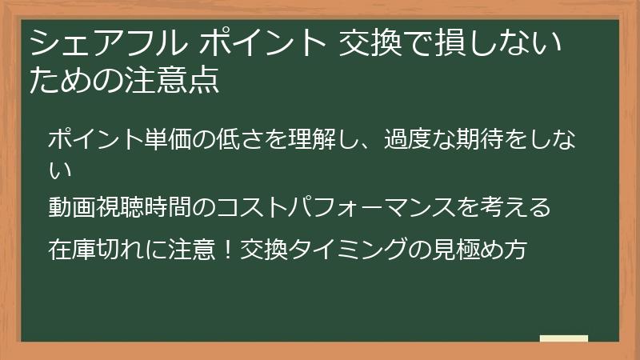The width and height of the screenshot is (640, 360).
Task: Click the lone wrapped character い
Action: click(x=61, y=169)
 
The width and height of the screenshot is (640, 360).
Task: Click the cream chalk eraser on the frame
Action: click(x=563, y=339)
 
